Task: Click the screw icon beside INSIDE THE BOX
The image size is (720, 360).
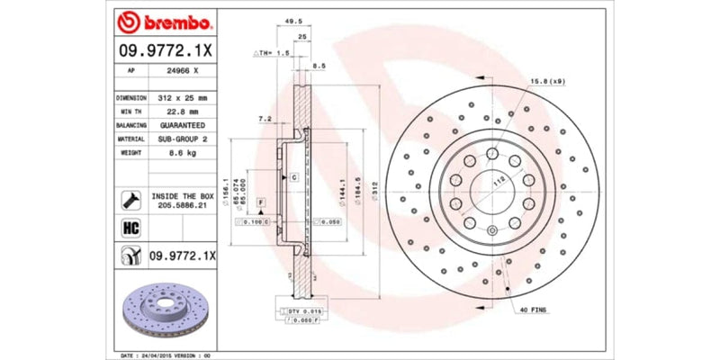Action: click(x=127, y=200)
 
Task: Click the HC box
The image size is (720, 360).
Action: click(x=127, y=228)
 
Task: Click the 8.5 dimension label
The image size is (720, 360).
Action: click(x=319, y=67)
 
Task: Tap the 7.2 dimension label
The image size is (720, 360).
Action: click(x=265, y=118)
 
